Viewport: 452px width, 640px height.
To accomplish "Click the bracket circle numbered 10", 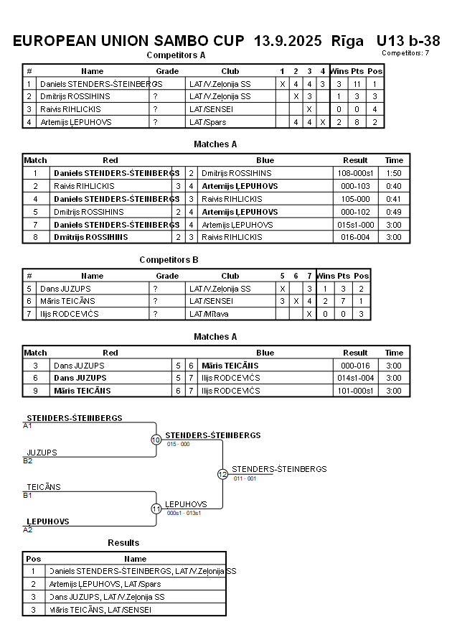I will coord(156,440).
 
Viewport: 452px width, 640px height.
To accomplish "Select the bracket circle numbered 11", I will coord(156,509).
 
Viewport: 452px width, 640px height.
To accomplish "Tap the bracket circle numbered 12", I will coord(222,474).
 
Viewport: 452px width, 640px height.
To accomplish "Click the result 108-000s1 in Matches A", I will coord(355,173).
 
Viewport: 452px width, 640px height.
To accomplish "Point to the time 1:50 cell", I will coord(394,173).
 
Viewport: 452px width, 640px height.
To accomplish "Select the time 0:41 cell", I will coord(394,199).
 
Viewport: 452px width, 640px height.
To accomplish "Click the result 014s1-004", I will coord(355,378).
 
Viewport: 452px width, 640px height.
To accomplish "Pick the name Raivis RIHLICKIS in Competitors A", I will coord(70,109).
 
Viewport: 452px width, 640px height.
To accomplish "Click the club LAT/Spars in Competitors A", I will coord(208,122).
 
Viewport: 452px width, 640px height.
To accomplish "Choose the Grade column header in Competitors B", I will coord(167,276).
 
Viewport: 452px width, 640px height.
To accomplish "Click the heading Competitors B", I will coord(169,260).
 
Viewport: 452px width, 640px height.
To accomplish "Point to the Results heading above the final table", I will coord(123,542).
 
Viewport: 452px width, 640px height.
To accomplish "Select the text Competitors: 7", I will coord(405,52).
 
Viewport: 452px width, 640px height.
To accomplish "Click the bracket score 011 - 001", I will coord(245,478).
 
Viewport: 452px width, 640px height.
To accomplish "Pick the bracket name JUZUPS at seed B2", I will coord(42,453).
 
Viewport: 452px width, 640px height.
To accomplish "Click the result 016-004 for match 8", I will coord(355,237).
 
